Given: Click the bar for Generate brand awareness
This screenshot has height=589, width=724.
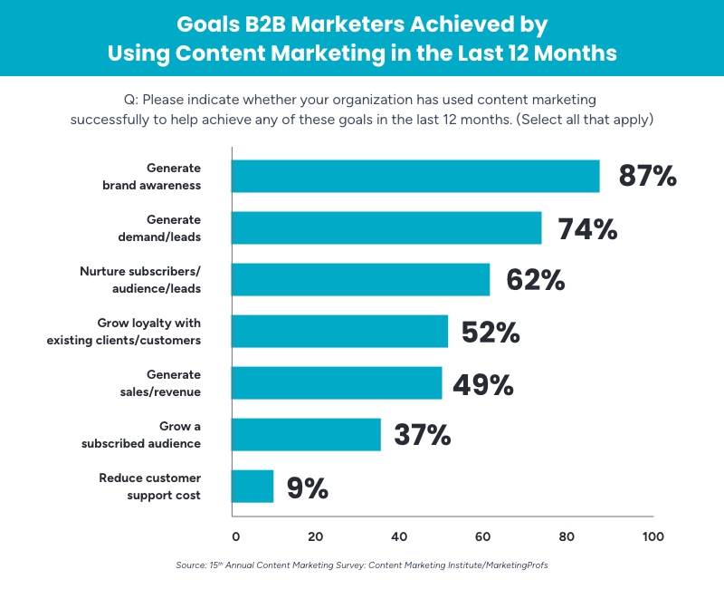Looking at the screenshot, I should [415, 176].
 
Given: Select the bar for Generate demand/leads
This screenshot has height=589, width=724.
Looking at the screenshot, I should [386, 227].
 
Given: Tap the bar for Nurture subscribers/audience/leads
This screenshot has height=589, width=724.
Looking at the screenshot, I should [361, 279].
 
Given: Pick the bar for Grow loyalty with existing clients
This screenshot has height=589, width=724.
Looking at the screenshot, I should [340, 331].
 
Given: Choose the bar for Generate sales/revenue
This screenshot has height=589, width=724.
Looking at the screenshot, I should [337, 382].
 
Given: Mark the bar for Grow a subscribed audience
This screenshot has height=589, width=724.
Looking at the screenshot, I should [307, 434].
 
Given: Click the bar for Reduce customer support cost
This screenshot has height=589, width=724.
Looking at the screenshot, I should [252, 486].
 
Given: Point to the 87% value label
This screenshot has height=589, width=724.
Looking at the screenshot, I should [647, 176].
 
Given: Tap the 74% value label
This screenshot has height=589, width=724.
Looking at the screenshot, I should [587, 228].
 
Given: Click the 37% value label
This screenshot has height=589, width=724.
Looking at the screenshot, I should [422, 436].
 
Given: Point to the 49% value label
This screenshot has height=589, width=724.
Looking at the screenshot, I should [483, 384].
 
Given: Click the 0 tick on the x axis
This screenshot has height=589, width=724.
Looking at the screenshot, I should [235, 536].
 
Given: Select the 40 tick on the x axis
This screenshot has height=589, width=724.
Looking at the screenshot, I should [399, 536].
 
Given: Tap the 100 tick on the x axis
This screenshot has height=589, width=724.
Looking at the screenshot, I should [652, 536].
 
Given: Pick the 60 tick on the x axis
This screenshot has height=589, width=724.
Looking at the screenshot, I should [482, 536].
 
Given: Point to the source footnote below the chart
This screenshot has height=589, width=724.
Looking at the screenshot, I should [362, 565].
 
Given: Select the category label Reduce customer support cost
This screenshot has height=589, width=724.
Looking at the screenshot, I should [150, 487].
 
